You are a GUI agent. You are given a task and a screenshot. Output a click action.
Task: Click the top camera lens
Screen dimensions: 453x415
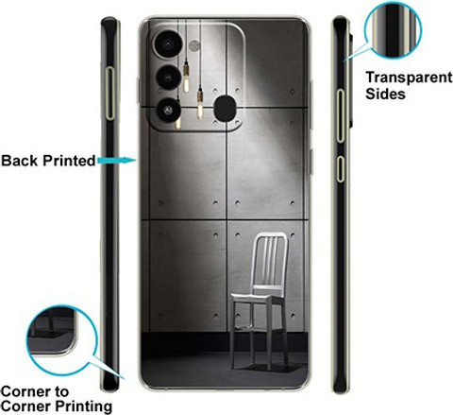click(168, 43)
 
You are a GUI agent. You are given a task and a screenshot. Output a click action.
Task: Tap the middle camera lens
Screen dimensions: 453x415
click(169, 78)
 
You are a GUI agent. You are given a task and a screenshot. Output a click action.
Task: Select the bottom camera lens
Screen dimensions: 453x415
click(168, 110)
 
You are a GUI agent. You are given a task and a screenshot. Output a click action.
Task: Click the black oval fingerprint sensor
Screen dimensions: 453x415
click(225, 109)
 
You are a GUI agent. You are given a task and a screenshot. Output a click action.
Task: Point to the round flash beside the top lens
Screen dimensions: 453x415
click(194, 46)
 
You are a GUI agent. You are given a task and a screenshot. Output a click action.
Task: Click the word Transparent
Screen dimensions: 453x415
click(409, 78)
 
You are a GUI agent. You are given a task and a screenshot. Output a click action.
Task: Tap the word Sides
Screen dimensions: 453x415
click(385, 94)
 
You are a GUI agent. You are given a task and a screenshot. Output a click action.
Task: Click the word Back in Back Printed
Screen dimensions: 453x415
click(21, 161)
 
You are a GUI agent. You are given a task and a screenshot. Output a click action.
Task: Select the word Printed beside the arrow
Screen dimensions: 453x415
click(69, 161)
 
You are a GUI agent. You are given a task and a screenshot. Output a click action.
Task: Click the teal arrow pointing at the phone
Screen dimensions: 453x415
click(116, 161)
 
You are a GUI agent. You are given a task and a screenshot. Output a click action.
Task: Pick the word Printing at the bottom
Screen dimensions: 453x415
click(83, 406)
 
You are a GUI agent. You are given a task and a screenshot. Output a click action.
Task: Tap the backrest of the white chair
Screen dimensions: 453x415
click(270, 260)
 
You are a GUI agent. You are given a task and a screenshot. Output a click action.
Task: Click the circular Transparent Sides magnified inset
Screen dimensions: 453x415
click(393, 29)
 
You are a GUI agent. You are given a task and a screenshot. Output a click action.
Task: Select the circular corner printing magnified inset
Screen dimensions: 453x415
click(62, 340)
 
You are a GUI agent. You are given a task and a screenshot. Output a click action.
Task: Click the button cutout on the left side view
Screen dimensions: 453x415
click(109, 94)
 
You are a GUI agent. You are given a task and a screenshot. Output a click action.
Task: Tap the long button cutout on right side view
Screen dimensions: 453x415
click(341, 115)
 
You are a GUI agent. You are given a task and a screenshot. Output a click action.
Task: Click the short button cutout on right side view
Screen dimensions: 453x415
click(341, 168)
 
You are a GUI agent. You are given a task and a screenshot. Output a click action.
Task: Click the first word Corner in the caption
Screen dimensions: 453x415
click(25, 391)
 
